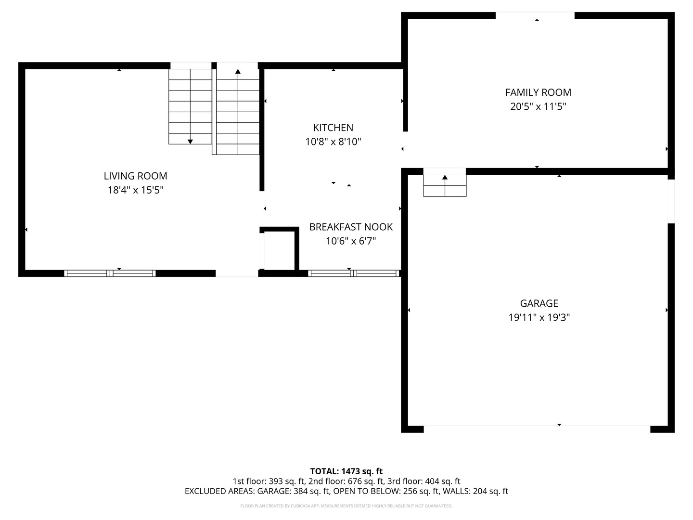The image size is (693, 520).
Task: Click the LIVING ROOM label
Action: [135, 176]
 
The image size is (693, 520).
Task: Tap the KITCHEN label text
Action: [333, 128]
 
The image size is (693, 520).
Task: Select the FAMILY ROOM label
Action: [539, 92]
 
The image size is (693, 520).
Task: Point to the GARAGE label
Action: [539, 303]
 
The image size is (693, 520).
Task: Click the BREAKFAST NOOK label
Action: [351, 227]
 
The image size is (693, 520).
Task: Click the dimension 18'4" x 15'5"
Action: [135, 190]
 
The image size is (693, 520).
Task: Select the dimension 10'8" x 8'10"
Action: [333, 142]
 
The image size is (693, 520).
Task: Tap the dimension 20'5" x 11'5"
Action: [539, 106]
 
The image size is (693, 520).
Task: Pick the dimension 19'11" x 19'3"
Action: [539, 317]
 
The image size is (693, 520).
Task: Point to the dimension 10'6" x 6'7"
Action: [351, 241]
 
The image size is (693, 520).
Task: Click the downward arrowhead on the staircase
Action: [190, 142]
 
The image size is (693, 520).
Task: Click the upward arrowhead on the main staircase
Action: [238, 71]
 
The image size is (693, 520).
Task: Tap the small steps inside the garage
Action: [445, 186]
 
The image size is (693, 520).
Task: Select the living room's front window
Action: [110, 273]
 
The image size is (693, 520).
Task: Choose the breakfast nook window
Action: [354, 273]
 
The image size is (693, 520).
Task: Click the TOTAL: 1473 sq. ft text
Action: [346, 471]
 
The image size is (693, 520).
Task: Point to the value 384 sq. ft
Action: [312, 491]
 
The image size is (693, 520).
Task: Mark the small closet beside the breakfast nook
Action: [279, 249]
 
